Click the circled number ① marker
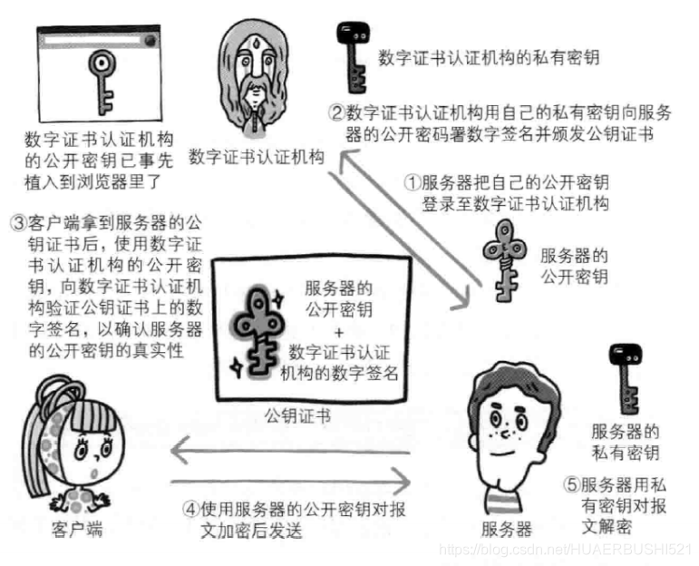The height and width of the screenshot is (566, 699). pyautogui.click(x=413, y=181)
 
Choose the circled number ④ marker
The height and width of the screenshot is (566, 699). pyautogui.click(x=191, y=508)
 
